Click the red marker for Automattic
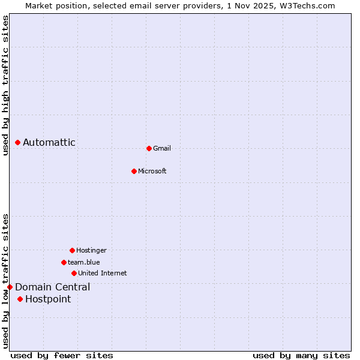coord(18,142)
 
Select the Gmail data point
coord(149,148)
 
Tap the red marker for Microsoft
coord(134,171)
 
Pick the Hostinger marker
coord(72,250)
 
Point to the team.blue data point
coord(64,262)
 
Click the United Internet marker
coord(74,273)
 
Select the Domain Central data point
coord(10,287)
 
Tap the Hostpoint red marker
coord(20,299)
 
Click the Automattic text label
coord(49,142)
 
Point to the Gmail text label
coord(162,148)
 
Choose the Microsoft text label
coord(152,171)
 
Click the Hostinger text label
coord(91,250)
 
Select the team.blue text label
coord(84,262)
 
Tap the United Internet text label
coord(103,273)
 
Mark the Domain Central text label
coord(53,287)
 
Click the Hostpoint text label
coord(48,299)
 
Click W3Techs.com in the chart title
coord(306,5)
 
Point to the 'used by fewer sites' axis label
coord(62,355)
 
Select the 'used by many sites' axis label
coord(301,355)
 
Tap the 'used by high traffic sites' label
coord(5,85)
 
